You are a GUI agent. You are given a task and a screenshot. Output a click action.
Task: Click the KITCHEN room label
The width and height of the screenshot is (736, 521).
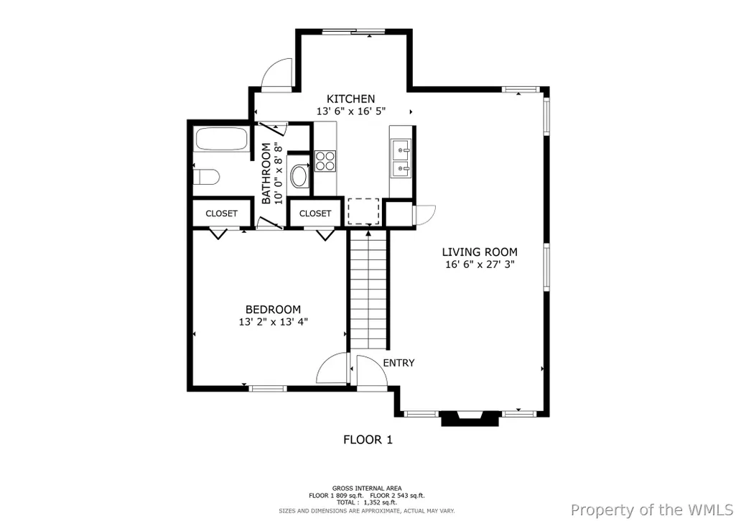coord(350,98)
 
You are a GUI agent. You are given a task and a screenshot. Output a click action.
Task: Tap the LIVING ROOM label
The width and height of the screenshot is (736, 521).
coord(480,252)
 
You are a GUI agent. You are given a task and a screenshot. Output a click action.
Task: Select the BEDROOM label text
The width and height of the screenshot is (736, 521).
coord(273,310)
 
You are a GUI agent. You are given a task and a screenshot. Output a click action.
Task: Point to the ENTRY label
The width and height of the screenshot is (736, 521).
coord(399,363)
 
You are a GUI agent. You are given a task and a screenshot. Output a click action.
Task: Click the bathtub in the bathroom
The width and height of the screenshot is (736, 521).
coord(221,139)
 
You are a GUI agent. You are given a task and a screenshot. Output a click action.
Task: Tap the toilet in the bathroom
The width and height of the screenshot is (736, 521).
coord(207,177)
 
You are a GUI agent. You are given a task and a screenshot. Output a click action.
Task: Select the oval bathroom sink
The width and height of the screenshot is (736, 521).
coord(299,175)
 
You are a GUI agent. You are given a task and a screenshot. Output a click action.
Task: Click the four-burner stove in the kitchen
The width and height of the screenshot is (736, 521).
coord(325,161)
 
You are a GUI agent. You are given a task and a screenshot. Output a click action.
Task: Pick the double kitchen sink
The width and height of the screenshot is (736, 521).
coord(401,159)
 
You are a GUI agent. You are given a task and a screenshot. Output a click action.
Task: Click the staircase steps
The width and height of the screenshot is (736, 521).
coord(369,290)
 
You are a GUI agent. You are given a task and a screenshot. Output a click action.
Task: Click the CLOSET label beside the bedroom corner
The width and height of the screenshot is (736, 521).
coord(222,213)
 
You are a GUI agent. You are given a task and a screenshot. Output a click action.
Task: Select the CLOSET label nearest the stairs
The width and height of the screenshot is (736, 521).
coord(315,213)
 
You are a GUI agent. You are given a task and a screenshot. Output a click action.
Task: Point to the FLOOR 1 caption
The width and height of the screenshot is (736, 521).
coord(368,440)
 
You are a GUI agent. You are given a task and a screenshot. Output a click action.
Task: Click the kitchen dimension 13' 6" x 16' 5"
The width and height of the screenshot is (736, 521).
coord(351,111)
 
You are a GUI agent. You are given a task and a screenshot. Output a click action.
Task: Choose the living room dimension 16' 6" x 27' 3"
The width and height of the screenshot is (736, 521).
coord(480,264)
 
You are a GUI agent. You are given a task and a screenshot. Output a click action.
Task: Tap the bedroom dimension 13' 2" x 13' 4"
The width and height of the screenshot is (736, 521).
coord(273,322)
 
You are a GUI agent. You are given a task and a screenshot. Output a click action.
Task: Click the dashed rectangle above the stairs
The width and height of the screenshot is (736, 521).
coord(363,211)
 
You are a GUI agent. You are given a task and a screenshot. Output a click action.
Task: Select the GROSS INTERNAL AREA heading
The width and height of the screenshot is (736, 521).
coord(367,489)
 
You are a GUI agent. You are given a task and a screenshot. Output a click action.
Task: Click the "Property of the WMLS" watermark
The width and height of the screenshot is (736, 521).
coord(652,510)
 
